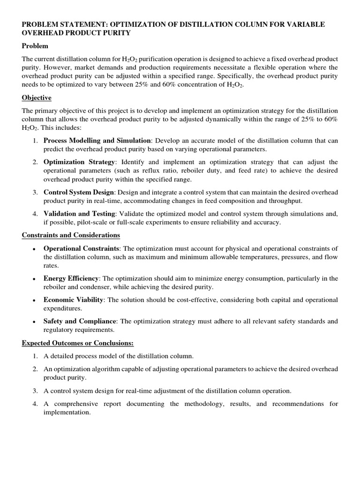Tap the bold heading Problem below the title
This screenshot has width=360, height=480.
click(x=35, y=46)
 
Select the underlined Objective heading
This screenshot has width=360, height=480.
click(x=37, y=97)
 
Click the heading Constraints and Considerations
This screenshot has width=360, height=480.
click(x=71, y=235)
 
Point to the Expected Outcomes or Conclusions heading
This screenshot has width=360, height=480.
click(x=78, y=343)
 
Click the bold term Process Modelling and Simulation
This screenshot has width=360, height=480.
click(x=97, y=141)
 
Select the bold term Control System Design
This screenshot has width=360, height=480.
click(x=79, y=192)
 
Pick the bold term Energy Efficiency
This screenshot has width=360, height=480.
click(x=71, y=278)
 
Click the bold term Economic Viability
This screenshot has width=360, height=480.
click(x=73, y=300)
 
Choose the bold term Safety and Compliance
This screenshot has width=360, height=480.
click(x=80, y=321)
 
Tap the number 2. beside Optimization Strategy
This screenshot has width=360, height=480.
click(x=35, y=162)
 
